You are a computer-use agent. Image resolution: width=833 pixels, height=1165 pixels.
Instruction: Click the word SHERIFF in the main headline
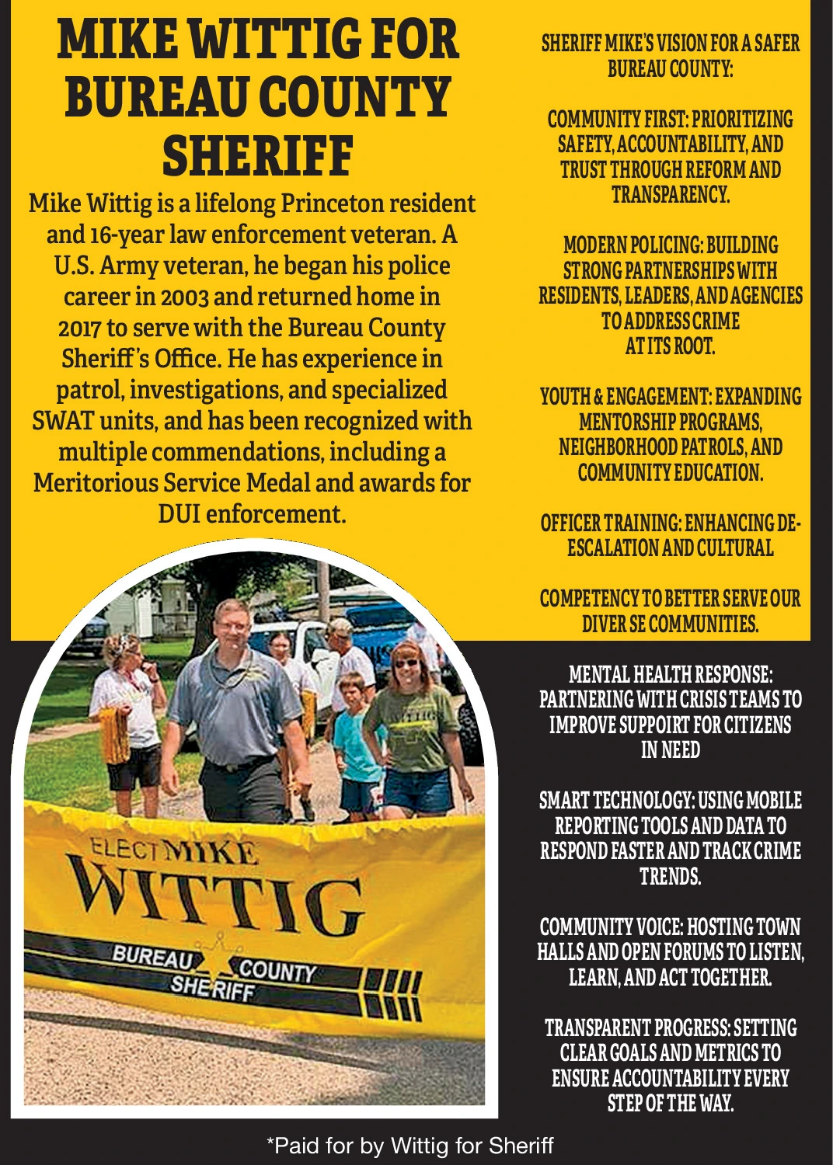pos(257,156)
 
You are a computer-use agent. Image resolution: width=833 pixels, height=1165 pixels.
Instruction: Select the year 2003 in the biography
pos(184,297)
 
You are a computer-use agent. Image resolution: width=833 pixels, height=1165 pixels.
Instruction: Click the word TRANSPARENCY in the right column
pos(671,194)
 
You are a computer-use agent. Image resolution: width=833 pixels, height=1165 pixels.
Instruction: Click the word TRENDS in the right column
pos(671,877)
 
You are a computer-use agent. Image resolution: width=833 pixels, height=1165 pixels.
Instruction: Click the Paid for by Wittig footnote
pos(410,1146)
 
